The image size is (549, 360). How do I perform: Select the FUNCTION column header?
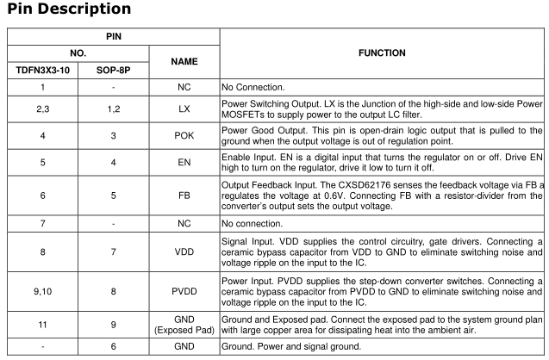(x=384, y=53)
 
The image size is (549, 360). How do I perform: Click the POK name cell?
(x=184, y=135)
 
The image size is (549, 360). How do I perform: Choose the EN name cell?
(x=184, y=160)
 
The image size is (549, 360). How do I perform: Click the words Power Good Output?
(x=263, y=129)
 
